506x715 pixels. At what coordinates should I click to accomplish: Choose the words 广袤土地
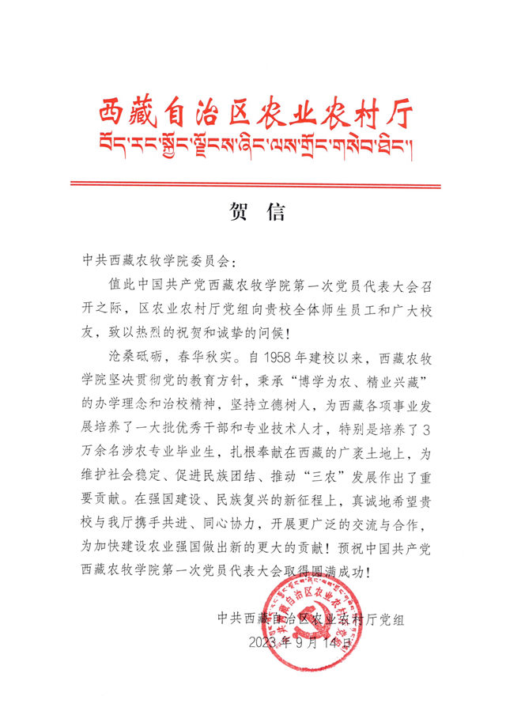coord(364,455)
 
